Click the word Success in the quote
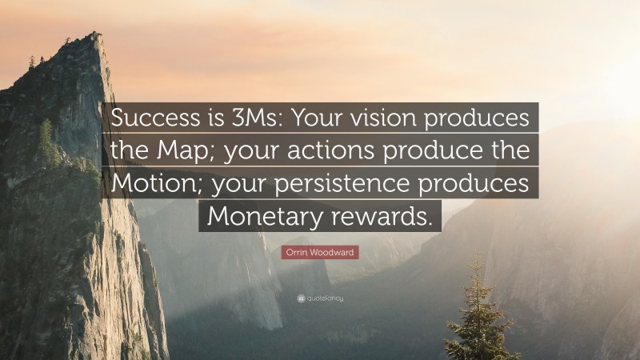[x=153, y=118]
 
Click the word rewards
[x=385, y=216]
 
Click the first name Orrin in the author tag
[x=298, y=253]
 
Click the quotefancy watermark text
[x=325, y=298]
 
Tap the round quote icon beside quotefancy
[x=299, y=298]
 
